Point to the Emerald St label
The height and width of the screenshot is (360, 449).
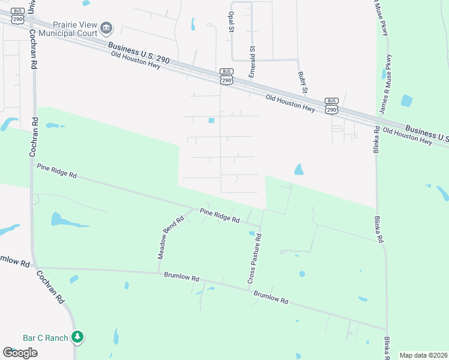[x=252, y=62]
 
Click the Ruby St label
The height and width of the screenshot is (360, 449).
[x=303, y=82]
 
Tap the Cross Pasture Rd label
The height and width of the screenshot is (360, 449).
[x=255, y=259]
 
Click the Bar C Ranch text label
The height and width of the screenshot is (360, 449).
[x=46, y=338]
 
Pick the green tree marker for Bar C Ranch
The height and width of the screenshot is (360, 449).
[x=77, y=337]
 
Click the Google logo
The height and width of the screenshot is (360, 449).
[x=20, y=353]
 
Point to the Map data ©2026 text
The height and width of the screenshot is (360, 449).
[x=423, y=355]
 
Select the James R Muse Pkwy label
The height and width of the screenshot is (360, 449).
[x=385, y=84]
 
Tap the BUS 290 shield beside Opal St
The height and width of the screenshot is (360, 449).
[x=226, y=76]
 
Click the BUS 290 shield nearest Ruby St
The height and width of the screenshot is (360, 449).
[x=331, y=106]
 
